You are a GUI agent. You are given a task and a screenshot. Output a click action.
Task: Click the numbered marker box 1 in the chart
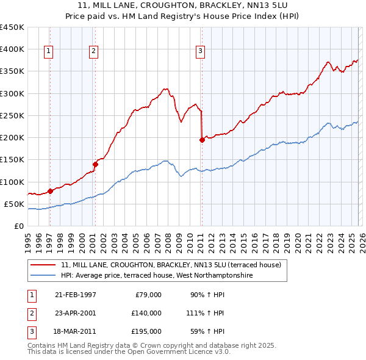[48, 52]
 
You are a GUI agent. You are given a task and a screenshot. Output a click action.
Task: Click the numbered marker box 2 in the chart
[93, 52]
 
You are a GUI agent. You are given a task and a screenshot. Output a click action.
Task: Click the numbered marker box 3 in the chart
[200, 52]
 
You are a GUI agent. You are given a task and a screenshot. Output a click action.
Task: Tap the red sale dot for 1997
[50, 191]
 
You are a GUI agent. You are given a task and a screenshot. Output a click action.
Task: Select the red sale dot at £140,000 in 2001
[95, 164]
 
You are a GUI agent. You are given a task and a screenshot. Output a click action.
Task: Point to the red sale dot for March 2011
[202, 140]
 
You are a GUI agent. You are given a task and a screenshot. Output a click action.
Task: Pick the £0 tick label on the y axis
[20, 226]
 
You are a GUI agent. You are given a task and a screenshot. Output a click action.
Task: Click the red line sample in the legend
[43, 265]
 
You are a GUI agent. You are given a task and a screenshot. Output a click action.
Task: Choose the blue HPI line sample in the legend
[43, 276]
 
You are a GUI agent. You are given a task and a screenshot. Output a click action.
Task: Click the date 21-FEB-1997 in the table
[75, 295]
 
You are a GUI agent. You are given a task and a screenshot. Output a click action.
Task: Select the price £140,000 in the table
[146, 313]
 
